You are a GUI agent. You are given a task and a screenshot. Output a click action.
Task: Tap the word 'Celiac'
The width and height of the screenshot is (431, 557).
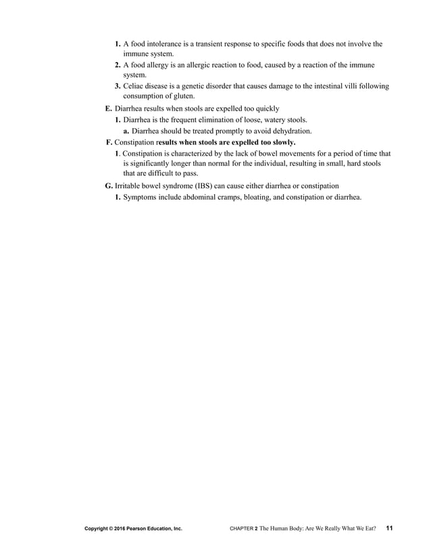point(134,87)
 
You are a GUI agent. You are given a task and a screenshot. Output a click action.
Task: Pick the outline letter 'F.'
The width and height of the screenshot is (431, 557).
point(110,142)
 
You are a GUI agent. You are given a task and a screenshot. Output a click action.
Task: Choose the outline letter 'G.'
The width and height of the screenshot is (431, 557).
point(109,185)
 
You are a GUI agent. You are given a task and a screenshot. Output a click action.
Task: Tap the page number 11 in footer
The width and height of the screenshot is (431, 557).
point(390,529)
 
